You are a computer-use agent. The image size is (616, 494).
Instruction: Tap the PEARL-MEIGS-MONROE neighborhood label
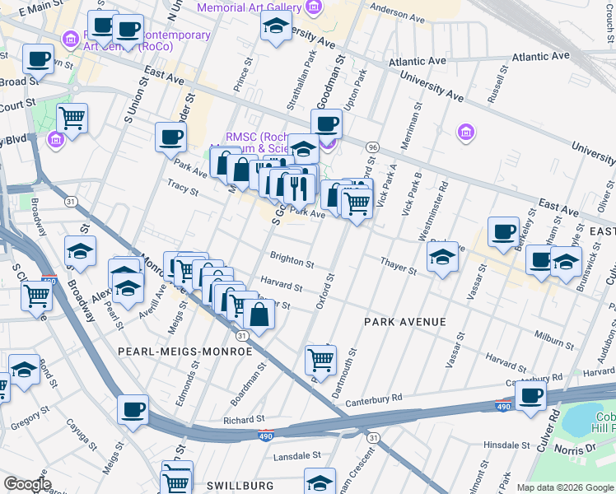tap(185, 352)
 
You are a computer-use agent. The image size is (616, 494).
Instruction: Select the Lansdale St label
tap(295, 455)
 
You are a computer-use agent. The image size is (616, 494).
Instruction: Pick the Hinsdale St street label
tap(514, 445)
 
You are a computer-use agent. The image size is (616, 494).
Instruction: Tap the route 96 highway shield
tap(372, 147)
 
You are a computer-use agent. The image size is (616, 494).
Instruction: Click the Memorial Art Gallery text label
tap(249, 7)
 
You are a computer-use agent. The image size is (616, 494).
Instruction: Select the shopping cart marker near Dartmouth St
tap(320, 358)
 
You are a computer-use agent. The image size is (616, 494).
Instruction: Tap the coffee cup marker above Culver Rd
tap(530, 394)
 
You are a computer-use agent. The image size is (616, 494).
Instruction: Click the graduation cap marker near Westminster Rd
tap(442, 258)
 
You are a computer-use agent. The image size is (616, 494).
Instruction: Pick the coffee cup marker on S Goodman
tap(327, 124)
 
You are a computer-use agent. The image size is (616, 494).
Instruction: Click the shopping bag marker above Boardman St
tap(259, 315)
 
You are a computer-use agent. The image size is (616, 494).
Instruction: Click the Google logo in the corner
tap(26, 484)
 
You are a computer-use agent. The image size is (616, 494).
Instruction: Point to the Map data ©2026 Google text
tap(565, 487)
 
